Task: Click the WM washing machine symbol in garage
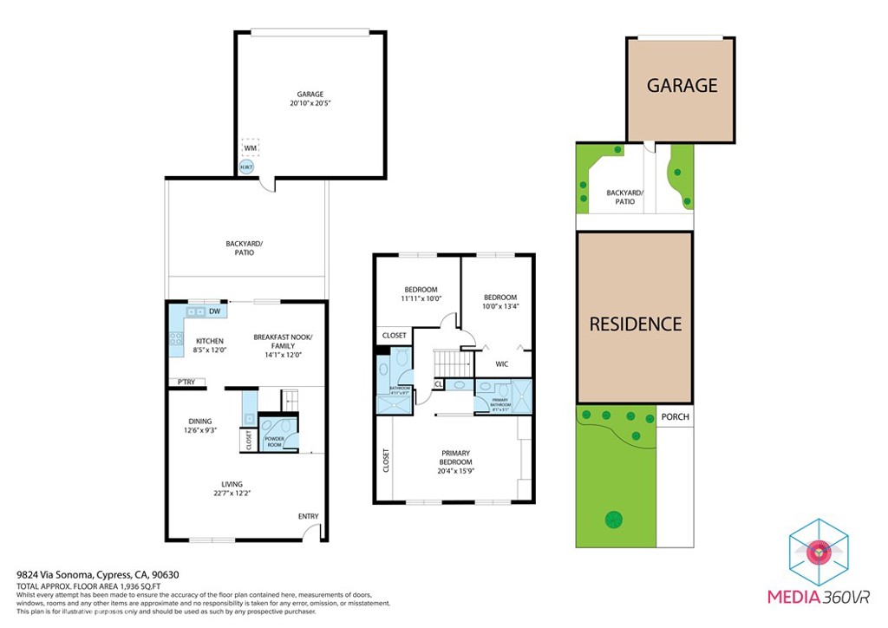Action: [x=250, y=148]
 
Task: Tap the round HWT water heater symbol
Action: [x=247, y=167]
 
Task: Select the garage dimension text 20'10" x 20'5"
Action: [x=310, y=103]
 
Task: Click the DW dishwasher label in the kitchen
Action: [x=212, y=311]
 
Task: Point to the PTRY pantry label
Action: [x=186, y=382]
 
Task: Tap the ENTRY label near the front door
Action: [x=308, y=516]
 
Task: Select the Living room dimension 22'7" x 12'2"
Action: [x=232, y=494]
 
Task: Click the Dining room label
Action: [x=200, y=422]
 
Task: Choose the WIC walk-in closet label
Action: [x=501, y=364]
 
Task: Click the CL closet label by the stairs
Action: [x=438, y=383]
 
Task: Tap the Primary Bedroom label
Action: [x=455, y=457]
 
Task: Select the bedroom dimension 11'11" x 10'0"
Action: [x=421, y=298]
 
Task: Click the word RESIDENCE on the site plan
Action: [x=635, y=324]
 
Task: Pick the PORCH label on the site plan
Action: [x=675, y=416]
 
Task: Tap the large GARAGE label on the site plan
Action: [x=682, y=85]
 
